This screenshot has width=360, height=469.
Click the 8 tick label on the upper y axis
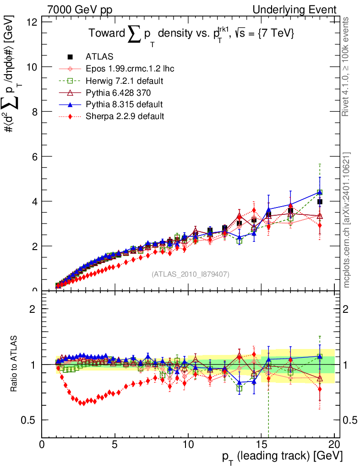pyautogui.click(x=35, y=112)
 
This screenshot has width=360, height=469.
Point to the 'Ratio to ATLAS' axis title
pyautogui.click(x=15, y=365)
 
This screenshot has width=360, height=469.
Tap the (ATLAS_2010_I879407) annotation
pyautogui.click(x=191, y=274)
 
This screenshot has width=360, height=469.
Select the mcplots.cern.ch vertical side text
pyautogui.click(x=347, y=220)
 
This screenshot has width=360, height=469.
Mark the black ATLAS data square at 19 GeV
pyautogui.click(x=320, y=202)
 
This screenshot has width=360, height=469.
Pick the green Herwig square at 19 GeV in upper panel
pyautogui.click(x=320, y=193)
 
